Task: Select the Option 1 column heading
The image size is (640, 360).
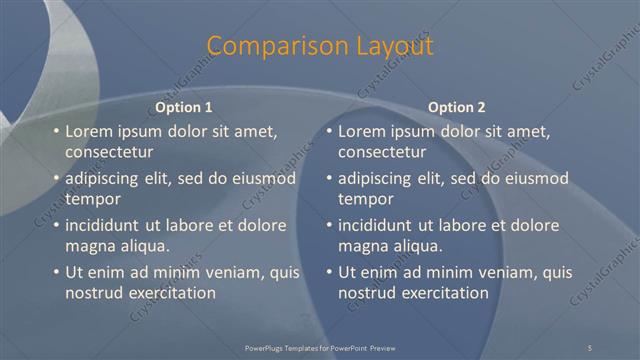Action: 184,107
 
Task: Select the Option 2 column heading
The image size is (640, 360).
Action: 456,107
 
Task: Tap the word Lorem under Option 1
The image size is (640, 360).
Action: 88,131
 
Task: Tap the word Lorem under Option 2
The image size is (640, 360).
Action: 361,131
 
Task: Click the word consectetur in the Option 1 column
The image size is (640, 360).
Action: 109,152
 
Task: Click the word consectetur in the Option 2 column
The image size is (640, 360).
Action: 382,152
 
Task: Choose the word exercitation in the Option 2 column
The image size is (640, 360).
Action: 439,293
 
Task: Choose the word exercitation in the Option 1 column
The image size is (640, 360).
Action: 166,293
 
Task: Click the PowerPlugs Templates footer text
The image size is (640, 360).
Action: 320,347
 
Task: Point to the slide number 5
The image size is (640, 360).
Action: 590,347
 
